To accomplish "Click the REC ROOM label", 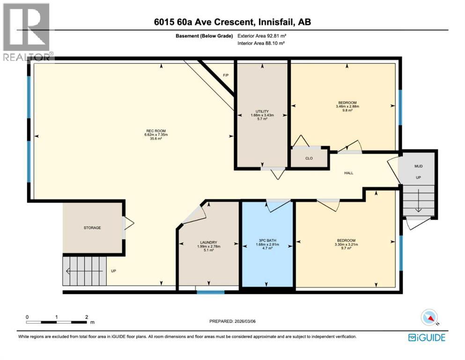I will pos(155,131).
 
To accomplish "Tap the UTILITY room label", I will pos(262,111).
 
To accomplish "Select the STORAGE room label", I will pos(92,228).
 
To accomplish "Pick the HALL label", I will pos(349,173).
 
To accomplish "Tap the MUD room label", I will pos(418,166).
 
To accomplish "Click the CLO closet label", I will pos(309,158).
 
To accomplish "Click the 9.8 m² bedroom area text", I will pos(347,111).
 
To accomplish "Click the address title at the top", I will pos(232,22).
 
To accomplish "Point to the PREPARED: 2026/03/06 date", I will pos(233,321).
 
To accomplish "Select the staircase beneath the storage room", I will pos(84,270).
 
